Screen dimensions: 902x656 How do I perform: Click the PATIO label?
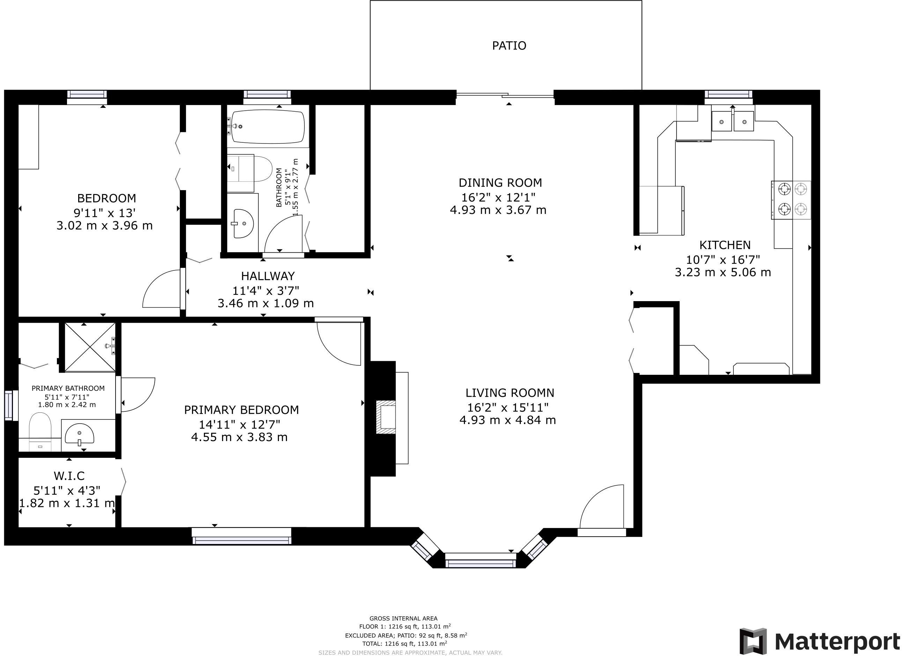[509, 46]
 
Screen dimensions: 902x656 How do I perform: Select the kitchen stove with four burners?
[791, 200]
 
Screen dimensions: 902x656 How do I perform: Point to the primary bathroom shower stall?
[90, 348]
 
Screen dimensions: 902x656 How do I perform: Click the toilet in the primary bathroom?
[40, 432]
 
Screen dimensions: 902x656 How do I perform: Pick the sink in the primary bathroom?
[80, 434]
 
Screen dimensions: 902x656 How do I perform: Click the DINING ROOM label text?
[500, 183]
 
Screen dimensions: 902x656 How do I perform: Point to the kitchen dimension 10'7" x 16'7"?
[723, 260]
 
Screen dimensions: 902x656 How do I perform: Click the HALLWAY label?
[268, 276]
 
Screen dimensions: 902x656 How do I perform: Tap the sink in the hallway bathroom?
[243, 223]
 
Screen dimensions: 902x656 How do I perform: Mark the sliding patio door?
[505, 95]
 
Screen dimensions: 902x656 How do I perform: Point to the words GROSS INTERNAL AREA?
[403, 618]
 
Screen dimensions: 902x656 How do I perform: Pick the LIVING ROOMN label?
[510, 393]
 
